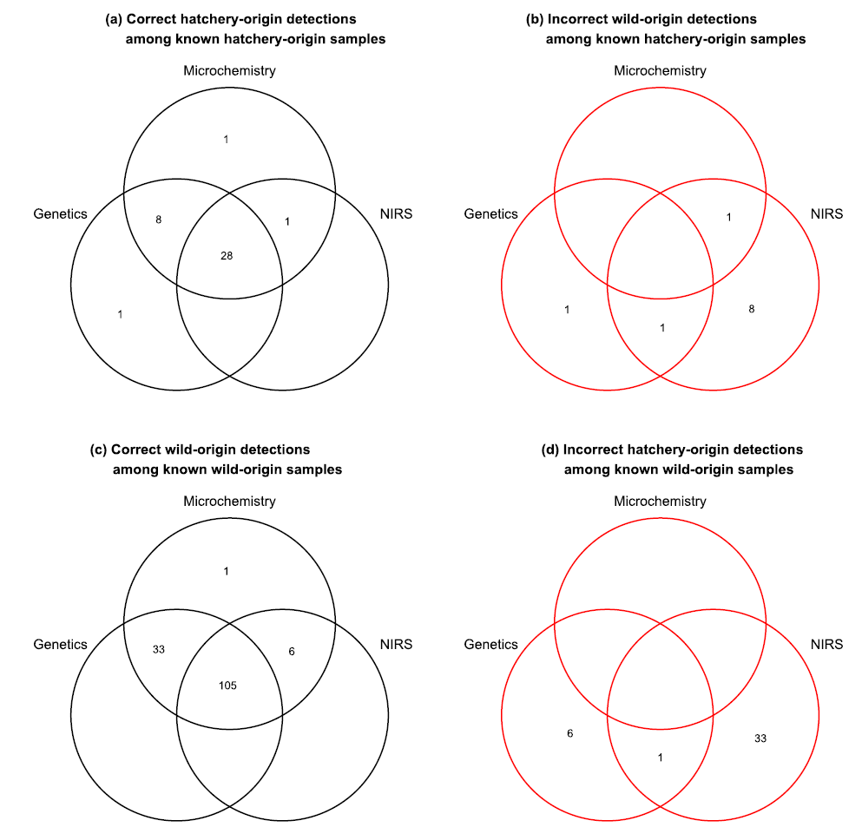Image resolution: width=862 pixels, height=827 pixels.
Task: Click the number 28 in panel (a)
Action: coord(227,255)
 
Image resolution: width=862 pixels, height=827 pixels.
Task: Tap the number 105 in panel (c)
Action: coord(227,686)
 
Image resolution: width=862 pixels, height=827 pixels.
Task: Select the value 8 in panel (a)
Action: coord(158,220)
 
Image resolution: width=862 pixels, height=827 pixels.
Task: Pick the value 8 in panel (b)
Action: coord(752,309)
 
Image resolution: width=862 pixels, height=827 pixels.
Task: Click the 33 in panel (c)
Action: coord(159,649)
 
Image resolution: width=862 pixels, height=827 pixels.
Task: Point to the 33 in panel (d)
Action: coord(760,738)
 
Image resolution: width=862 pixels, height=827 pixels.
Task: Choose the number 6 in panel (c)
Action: coord(292,651)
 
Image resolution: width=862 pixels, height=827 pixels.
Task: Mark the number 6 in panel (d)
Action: coord(570,733)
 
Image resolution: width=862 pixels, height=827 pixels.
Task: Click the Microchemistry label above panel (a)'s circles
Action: coord(229,71)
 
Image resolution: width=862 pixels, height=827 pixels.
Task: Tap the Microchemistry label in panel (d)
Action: coord(660,501)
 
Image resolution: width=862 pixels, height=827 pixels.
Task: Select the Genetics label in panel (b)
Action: coord(491,213)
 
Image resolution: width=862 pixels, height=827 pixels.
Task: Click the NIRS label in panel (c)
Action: coord(396,644)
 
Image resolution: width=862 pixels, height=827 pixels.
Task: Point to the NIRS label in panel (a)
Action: coord(396,213)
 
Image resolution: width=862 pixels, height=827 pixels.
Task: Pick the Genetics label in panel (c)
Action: coord(61,644)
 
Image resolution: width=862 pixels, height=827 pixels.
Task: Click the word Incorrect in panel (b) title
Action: coord(574,19)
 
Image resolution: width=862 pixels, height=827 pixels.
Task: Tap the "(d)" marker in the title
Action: coord(550,450)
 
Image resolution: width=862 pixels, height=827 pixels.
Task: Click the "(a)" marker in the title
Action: coord(114,19)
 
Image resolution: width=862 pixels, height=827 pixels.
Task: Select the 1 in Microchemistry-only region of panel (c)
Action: coord(226,572)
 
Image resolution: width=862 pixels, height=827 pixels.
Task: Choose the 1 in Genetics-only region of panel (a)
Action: coord(120,314)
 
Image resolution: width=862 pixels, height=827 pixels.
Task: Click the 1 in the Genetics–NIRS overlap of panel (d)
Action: coord(661,758)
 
